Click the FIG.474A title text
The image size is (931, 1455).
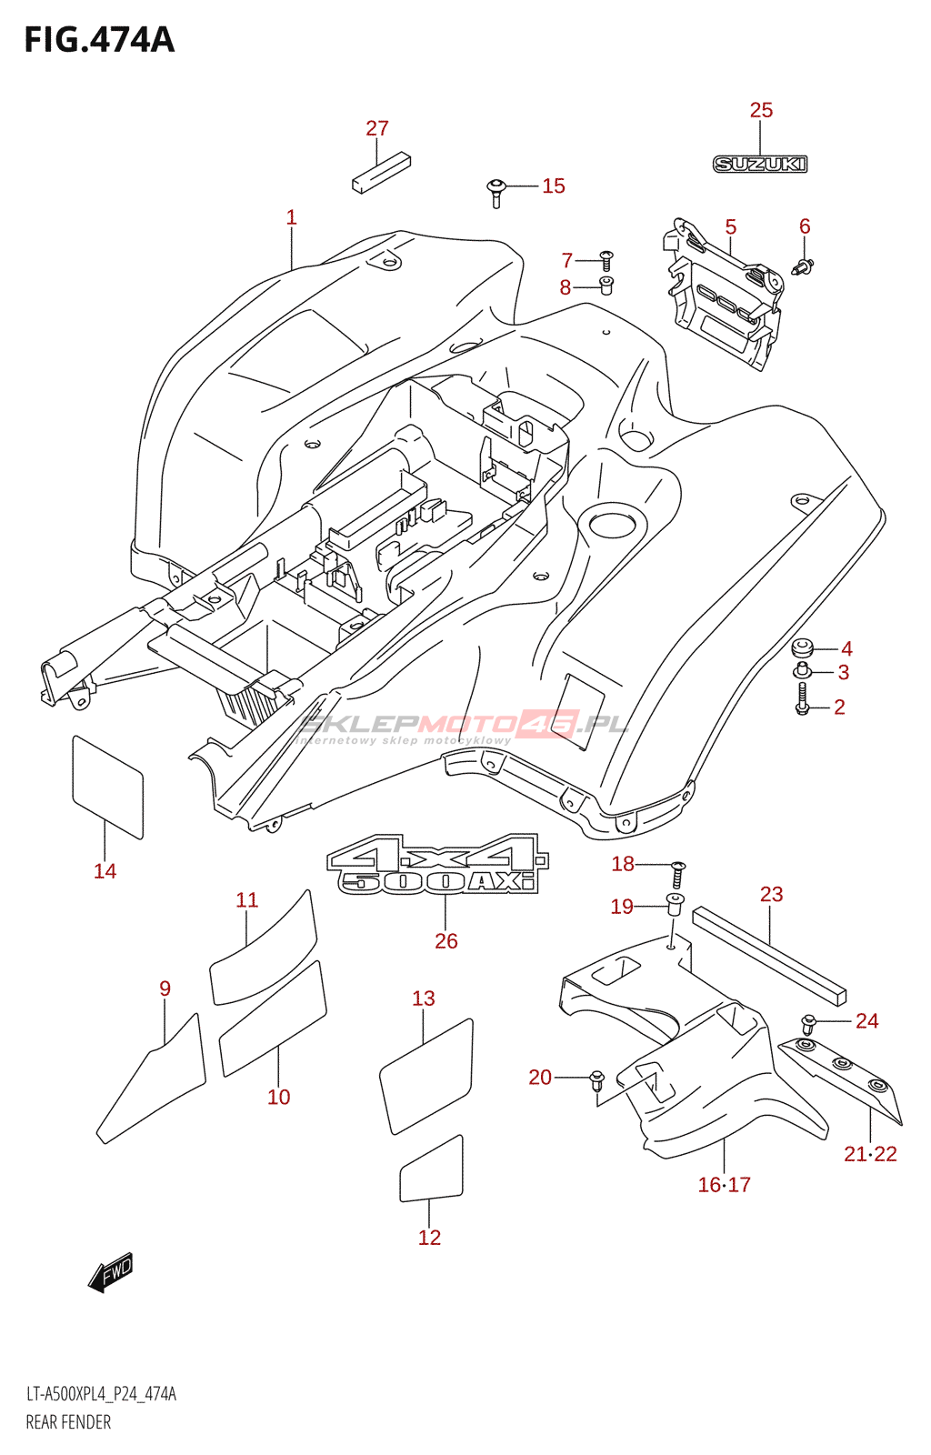(x=98, y=40)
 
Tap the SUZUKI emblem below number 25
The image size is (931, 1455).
(x=760, y=165)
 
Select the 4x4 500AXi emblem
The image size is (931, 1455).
(x=438, y=865)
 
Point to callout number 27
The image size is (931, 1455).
(x=377, y=129)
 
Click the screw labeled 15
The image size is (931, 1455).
(x=496, y=191)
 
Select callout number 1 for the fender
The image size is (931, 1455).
(x=291, y=218)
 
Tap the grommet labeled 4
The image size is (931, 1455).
(x=802, y=648)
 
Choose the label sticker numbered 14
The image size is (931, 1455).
(x=107, y=787)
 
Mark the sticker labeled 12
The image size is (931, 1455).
(x=432, y=1169)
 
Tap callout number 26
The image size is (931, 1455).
(x=445, y=941)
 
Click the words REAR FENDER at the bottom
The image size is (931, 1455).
(x=68, y=1422)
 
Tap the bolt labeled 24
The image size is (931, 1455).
(x=808, y=1023)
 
